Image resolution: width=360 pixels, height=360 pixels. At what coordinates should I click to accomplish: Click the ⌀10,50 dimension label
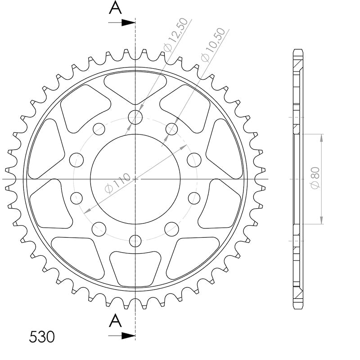point(213,45)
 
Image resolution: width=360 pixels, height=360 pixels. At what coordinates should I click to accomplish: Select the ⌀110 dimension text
point(117,183)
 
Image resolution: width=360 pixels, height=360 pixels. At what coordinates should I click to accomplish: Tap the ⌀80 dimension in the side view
point(315,178)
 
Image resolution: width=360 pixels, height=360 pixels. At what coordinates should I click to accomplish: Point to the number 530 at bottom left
point(42,337)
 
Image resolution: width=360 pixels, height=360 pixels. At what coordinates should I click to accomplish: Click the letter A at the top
point(115,7)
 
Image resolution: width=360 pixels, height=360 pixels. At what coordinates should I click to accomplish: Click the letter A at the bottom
point(115,321)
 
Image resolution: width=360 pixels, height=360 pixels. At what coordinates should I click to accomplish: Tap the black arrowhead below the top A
point(128,22)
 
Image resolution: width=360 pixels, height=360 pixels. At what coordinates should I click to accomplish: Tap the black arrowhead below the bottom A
point(128,336)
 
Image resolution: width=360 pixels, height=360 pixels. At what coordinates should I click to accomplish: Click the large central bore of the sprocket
point(135,179)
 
